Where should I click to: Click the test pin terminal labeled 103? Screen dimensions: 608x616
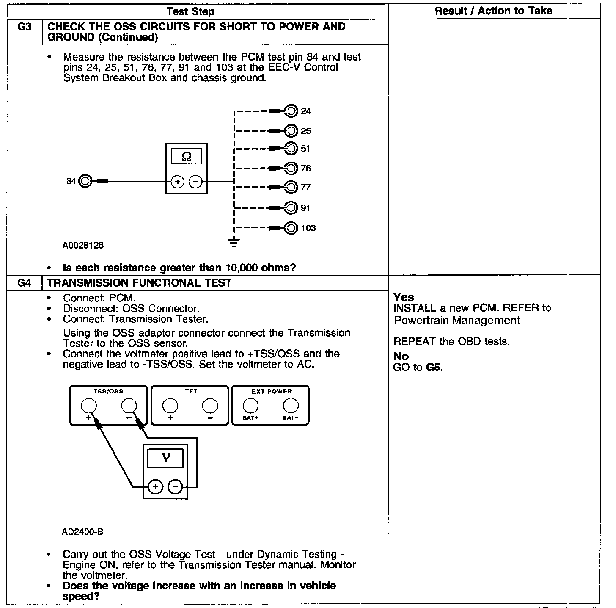tap(291, 228)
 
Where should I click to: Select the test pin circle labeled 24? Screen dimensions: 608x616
tap(291, 111)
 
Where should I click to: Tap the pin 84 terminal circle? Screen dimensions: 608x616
tap(85, 181)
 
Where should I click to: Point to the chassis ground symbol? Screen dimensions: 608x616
tap(234, 242)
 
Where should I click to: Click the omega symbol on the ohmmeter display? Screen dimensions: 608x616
tap(186, 157)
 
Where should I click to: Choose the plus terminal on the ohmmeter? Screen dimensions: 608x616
tap(177, 182)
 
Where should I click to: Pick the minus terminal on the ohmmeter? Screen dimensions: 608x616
tap(195, 182)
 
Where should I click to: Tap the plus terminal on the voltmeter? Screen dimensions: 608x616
tap(156, 487)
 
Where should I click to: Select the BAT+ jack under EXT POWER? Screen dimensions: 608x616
tap(250, 406)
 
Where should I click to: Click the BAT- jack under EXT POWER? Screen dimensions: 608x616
tap(291, 406)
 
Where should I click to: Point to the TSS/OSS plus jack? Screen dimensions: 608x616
tap(89, 406)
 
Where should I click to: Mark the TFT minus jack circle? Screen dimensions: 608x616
tap(210, 406)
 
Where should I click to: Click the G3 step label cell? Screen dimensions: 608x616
tap(25, 27)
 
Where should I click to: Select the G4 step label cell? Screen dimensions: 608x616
tap(25, 283)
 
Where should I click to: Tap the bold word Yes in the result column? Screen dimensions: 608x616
tap(404, 297)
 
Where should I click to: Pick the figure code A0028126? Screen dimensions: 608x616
tap(83, 245)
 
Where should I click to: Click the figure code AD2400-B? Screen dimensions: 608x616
tap(82, 532)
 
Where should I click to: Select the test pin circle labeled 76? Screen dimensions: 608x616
tap(291, 168)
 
